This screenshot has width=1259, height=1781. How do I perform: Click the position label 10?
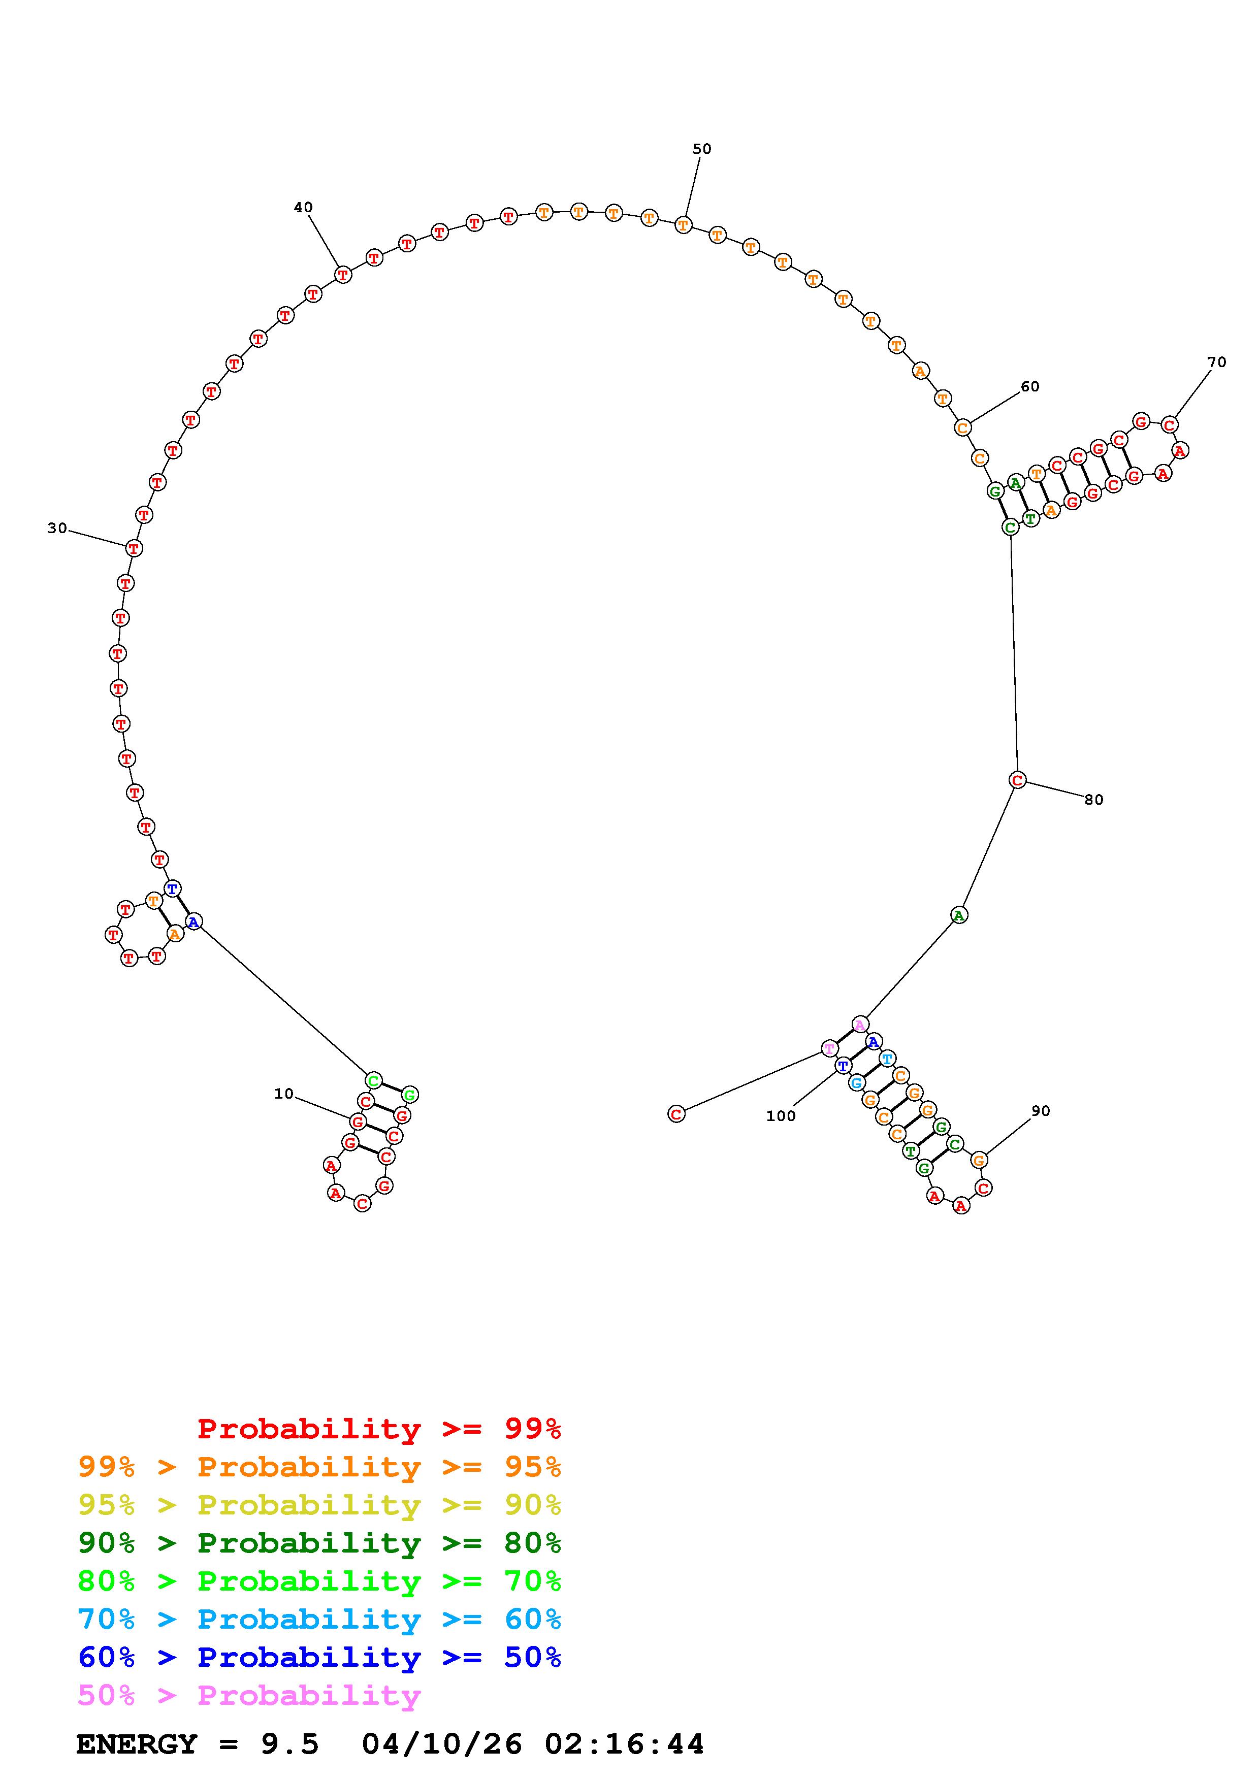point(284,1094)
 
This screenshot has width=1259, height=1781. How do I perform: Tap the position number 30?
point(57,528)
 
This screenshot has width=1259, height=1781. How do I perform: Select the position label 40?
point(303,207)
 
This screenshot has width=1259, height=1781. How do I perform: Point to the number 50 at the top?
point(701,149)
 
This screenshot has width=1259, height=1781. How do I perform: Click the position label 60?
point(1029,386)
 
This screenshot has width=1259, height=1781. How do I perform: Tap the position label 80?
point(1094,800)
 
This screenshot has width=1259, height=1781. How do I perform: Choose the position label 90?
point(1041,1111)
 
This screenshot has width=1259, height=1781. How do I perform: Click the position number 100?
point(781,1116)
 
